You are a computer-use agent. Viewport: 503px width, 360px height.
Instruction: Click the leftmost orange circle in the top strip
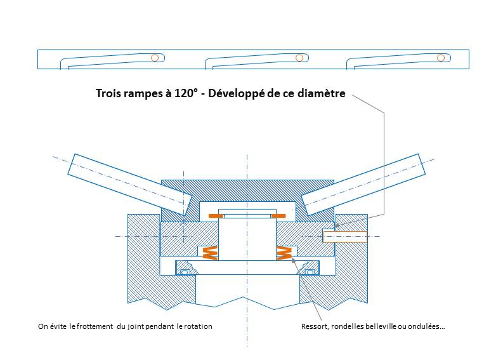pos(154,58)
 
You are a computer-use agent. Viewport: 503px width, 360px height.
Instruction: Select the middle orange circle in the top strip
pos(299,58)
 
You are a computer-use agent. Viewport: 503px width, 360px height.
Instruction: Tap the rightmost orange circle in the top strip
pos(441,58)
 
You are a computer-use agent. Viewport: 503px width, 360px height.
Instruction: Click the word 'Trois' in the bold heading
pos(109,93)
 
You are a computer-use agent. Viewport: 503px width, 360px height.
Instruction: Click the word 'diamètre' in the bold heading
pos(323,93)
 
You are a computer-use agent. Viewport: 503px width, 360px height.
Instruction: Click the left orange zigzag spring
pos(209,253)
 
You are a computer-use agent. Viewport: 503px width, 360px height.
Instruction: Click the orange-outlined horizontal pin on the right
pos(345,237)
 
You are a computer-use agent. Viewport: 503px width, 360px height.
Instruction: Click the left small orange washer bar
pos(216,217)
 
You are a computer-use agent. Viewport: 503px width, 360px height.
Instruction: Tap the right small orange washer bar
pos(279,217)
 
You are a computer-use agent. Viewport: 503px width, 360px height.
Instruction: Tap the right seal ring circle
pos(310,272)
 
